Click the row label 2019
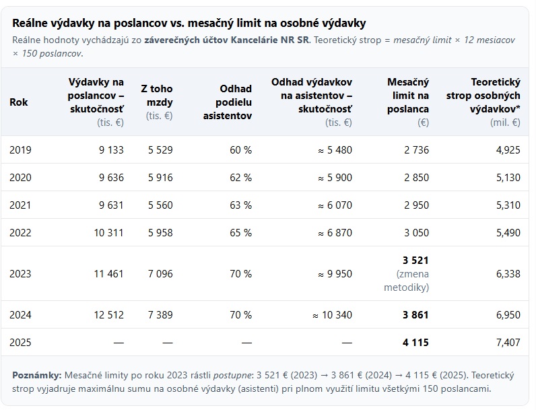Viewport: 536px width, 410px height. tap(20, 150)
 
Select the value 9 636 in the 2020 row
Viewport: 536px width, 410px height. tap(108, 178)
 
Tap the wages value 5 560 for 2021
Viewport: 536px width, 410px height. tap(160, 205)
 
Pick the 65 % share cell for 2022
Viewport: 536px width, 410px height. tap(240, 233)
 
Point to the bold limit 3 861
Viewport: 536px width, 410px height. tap(415, 315)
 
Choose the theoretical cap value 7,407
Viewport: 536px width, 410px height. tap(507, 343)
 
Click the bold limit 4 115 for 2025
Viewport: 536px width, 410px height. tap(415, 343)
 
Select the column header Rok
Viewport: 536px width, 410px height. tap(18, 102)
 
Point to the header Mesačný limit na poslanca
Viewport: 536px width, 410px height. tap(408, 95)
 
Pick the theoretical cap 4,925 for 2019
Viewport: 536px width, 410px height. tap(507, 150)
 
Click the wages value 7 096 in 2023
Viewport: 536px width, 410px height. tap(160, 274)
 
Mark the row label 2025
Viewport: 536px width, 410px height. tap(20, 343)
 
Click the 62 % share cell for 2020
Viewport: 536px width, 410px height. tap(240, 178)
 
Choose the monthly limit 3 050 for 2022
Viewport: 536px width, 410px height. tap(416, 233)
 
